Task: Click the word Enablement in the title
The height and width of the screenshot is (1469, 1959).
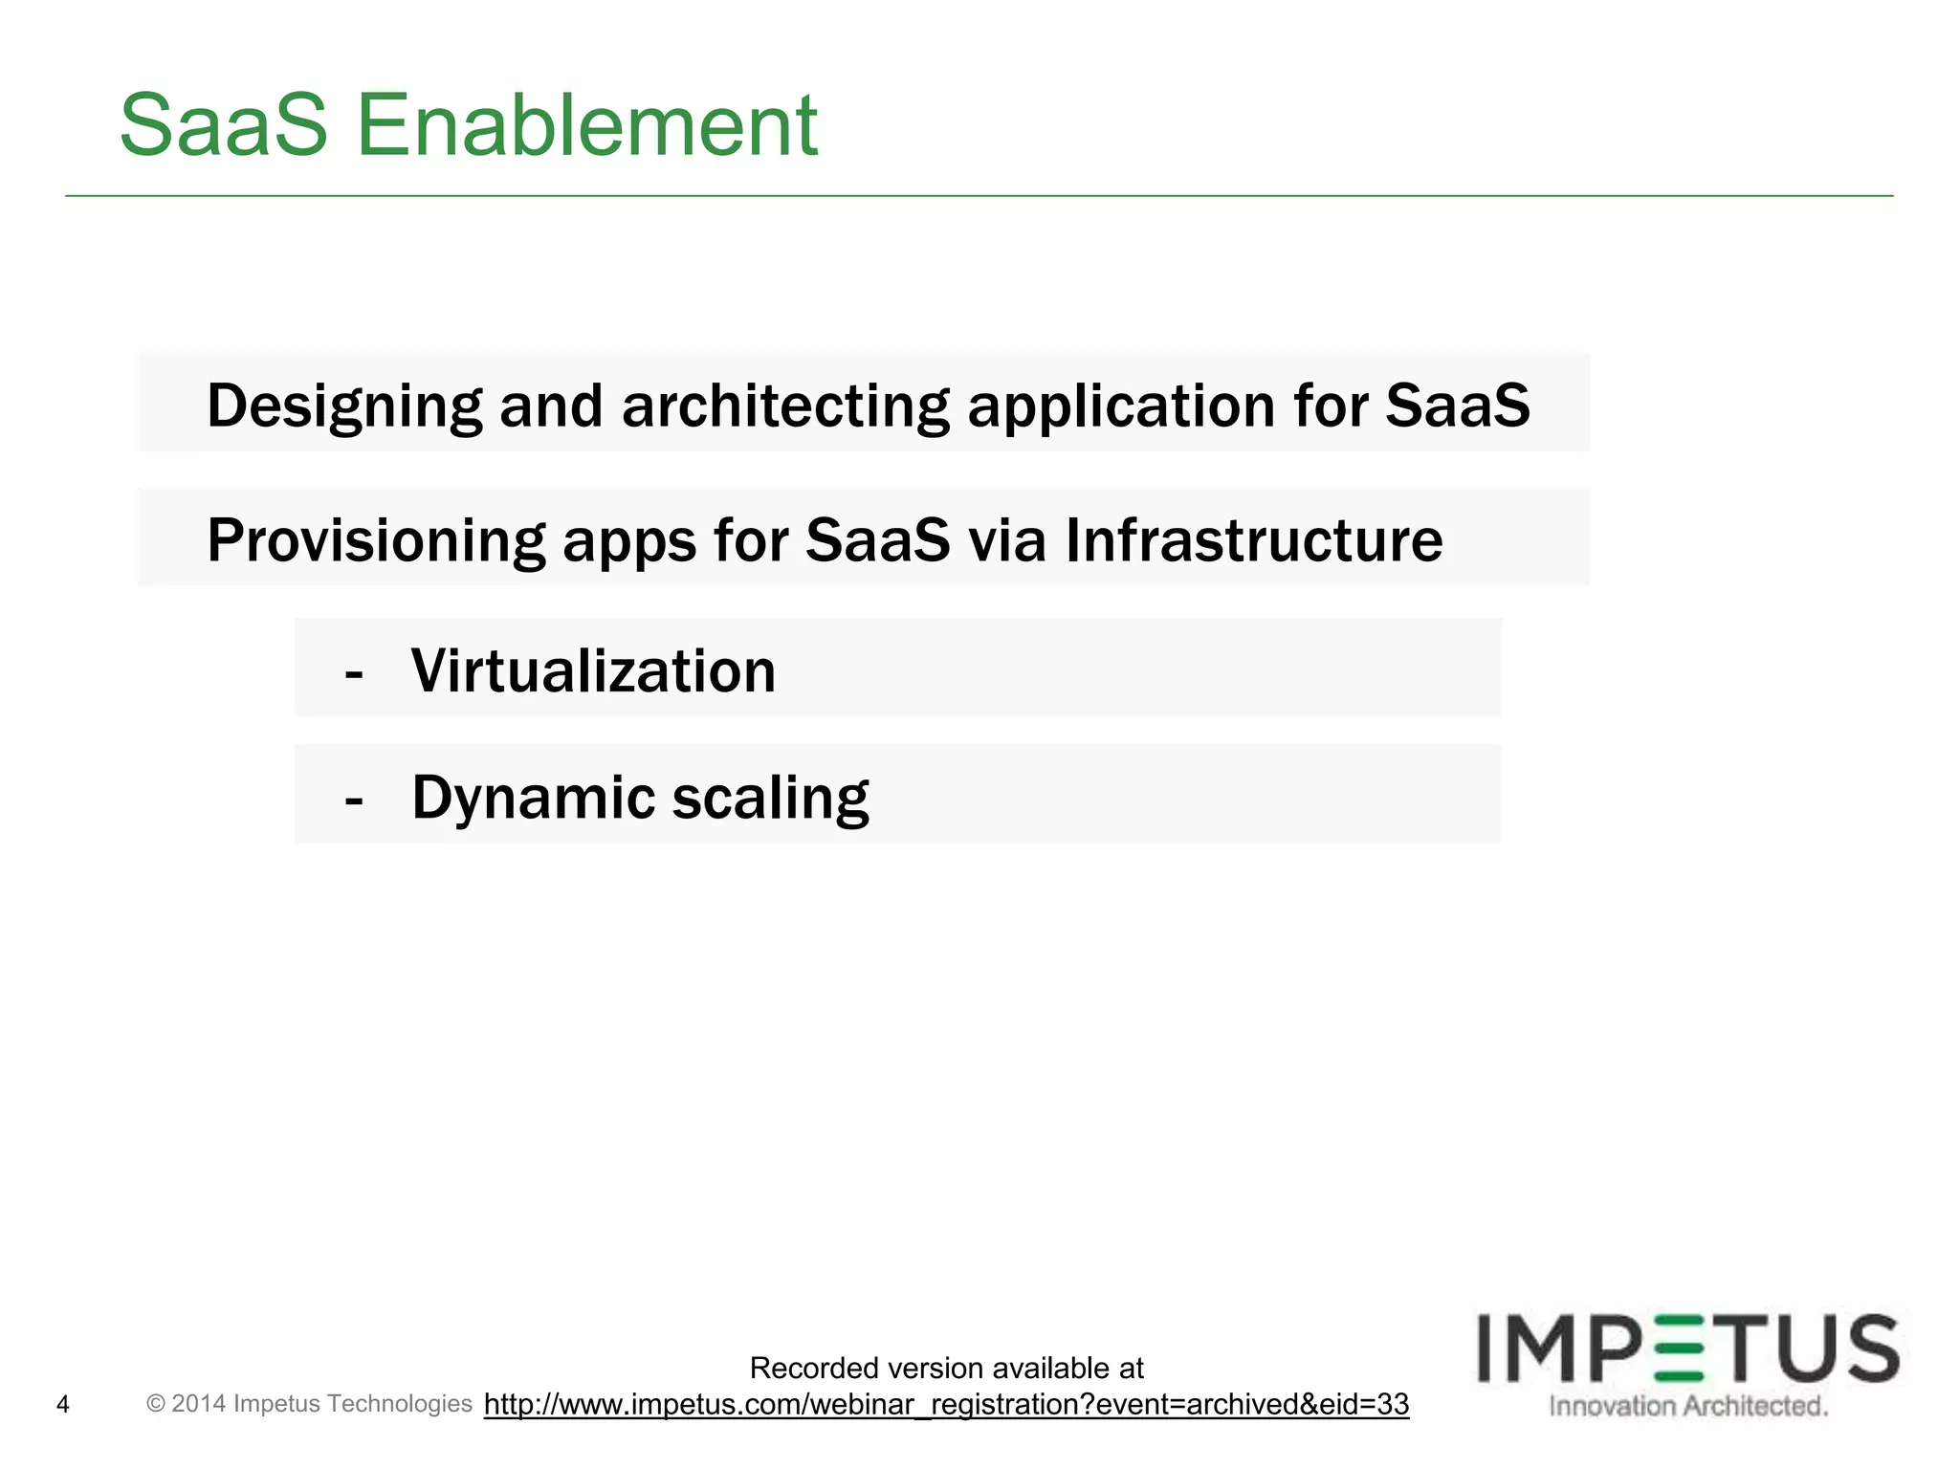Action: pos(586,125)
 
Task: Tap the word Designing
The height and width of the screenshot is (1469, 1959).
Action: pos(344,406)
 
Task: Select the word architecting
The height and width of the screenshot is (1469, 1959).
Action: pos(785,406)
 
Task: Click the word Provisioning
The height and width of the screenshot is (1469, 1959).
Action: pos(376,541)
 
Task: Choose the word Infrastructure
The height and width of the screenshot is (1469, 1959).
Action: pos(1253,541)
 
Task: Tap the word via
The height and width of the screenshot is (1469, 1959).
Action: pos(1007,541)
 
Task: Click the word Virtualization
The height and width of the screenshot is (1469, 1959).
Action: pos(593,671)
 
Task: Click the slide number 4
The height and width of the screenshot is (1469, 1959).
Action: pos(63,1405)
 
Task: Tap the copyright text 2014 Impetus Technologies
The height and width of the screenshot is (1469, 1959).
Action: pos(309,1404)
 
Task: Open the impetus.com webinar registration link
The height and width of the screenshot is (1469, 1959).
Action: pos(946,1405)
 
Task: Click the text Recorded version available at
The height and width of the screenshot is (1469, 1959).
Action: pos(946,1369)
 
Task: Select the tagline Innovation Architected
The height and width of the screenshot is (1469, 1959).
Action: pos(1688,1406)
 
